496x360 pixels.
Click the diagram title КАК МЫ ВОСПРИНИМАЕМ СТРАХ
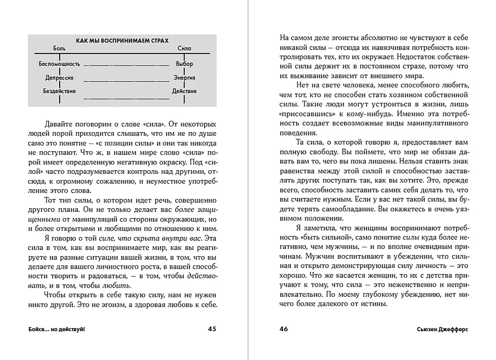pyautogui.click(x=122, y=41)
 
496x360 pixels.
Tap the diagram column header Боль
pyautogui.click(x=59, y=48)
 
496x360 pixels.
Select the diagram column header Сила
pyautogui.click(x=184, y=48)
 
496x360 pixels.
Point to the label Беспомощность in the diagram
pyautogui.click(x=59, y=64)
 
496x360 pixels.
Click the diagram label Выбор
pyautogui.click(x=184, y=64)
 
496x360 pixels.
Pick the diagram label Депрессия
pyautogui.click(x=59, y=77)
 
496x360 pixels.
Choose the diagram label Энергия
pyautogui.click(x=184, y=77)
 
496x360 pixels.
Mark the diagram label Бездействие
pyautogui.click(x=59, y=91)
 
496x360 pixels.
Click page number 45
pyautogui.click(x=212, y=329)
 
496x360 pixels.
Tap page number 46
pyautogui.click(x=284, y=329)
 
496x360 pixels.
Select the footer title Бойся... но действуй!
pyautogui.click(x=56, y=329)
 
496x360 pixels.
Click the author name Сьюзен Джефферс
pyautogui.click(x=442, y=329)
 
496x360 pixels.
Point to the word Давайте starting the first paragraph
pyautogui.click(x=58, y=124)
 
